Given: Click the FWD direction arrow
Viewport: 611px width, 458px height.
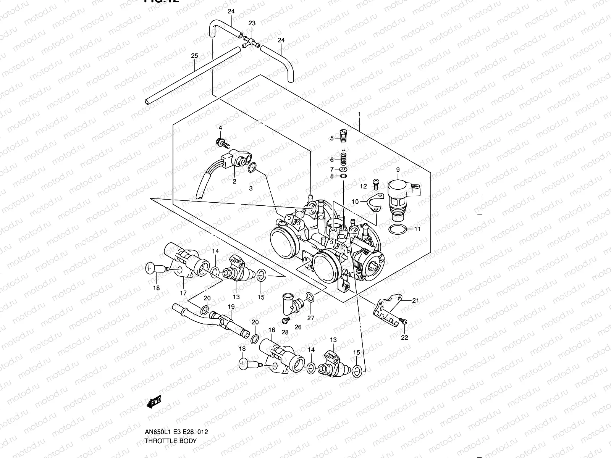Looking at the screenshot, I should (x=154, y=402).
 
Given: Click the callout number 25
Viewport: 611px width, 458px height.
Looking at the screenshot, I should (x=194, y=56).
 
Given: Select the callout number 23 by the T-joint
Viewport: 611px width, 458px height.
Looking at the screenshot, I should (x=252, y=23).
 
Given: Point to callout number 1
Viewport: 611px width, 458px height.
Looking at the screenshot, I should (x=359, y=114).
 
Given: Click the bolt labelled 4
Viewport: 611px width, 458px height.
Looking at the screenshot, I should (x=222, y=144).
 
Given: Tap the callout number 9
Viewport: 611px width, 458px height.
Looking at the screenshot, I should (x=398, y=169).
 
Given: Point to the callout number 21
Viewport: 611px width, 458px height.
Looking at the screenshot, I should (x=415, y=300).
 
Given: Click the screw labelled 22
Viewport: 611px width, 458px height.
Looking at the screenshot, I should (x=404, y=323).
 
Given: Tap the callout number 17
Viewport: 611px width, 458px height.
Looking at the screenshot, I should (x=183, y=293).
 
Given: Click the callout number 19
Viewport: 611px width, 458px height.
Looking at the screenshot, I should (x=231, y=306).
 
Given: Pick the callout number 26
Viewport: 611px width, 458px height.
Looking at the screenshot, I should (x=298, y=327).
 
